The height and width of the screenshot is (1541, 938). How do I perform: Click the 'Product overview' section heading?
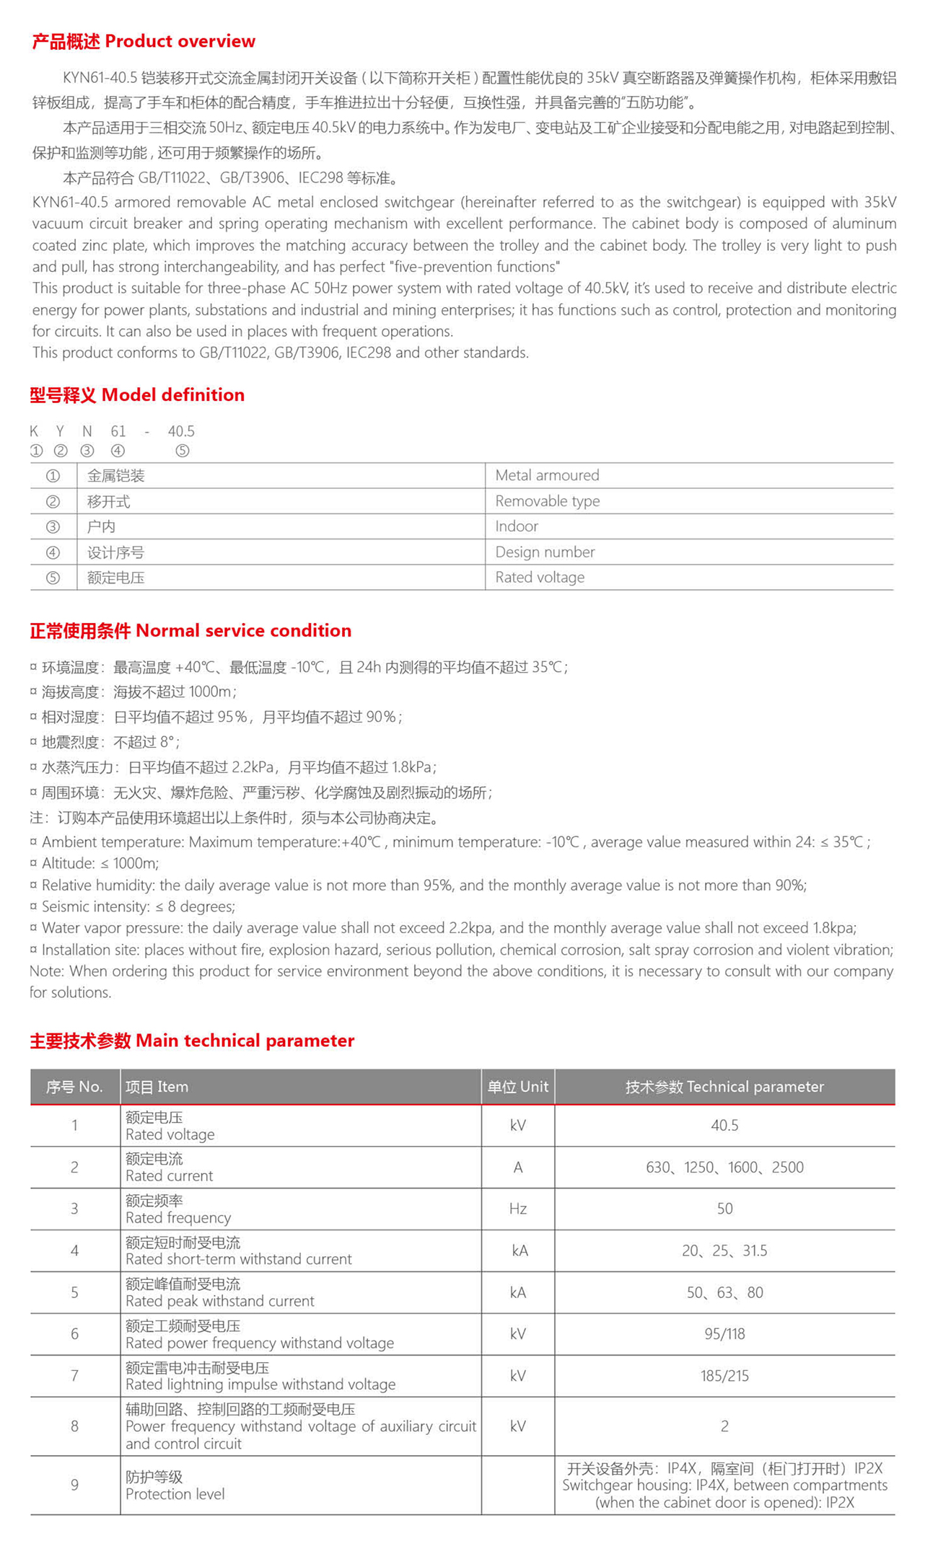pyautogui.click(x=144, y=41)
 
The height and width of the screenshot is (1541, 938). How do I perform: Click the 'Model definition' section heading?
pyautogui.click(x=137, y=394)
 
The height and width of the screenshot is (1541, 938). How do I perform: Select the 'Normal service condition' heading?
pyautogui.click(x=190, y=630)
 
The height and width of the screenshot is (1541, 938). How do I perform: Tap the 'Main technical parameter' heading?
pyautogui.click(x=192, y=1041)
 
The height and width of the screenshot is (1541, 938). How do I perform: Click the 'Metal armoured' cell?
pyautogui.click(x=547, y=475)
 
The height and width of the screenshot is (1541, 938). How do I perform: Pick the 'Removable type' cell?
pyautogui.click(x=547, y=501)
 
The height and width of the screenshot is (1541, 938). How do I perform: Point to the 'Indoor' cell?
pyautogui.click(x=517, y=526)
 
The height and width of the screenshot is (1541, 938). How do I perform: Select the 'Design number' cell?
pyautogui.click(x=545, y=552)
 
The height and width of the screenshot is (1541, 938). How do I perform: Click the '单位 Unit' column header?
pyautogui.click(x=517, y=1087)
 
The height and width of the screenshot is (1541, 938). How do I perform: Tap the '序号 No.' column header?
pyautogui.click(x=74, y=1087)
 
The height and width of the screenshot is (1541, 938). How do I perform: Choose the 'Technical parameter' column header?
pyautogui.click(x=724, y=1087)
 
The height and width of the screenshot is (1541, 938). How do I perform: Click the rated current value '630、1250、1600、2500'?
pyautogui.click(x=724, y=1167)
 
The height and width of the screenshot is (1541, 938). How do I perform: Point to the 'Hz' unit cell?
pyautogui.click(x=517, y=1209)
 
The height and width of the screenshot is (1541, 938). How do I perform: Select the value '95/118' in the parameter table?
pyautogui.click(x=724, y=1334)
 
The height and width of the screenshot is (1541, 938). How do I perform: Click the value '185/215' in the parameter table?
pyautogui.click(x=724, y=1376)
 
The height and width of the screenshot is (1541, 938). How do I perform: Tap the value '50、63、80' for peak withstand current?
pyautogui.click(x=724, y=1292)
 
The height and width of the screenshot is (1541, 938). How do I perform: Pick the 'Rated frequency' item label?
pyautogui.click(x=178, y=1218)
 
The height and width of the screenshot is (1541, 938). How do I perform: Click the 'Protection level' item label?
pyautogui.click(x=175, y=1494)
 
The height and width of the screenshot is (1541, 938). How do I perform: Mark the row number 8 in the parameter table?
pyautogui.click(x=74, y=1426)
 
